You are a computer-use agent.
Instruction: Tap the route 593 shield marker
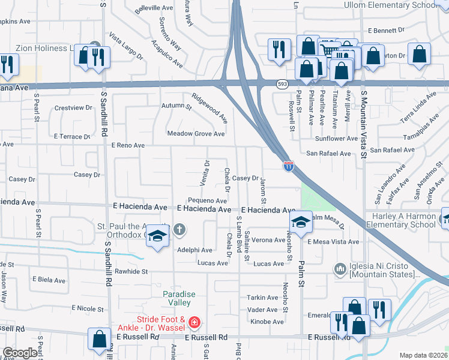point(282,85)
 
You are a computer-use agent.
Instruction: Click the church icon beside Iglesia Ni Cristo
point(340,268)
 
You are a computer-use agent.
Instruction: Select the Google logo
point(19,353)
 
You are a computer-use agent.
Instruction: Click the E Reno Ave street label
point(128,145)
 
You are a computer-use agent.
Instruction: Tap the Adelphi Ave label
point(194,250)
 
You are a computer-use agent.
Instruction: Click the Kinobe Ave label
point(265,322)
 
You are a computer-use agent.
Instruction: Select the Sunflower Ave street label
point(336,139)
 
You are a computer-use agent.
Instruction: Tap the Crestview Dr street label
point(73,108)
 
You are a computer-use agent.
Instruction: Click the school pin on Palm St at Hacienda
point(300,223)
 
